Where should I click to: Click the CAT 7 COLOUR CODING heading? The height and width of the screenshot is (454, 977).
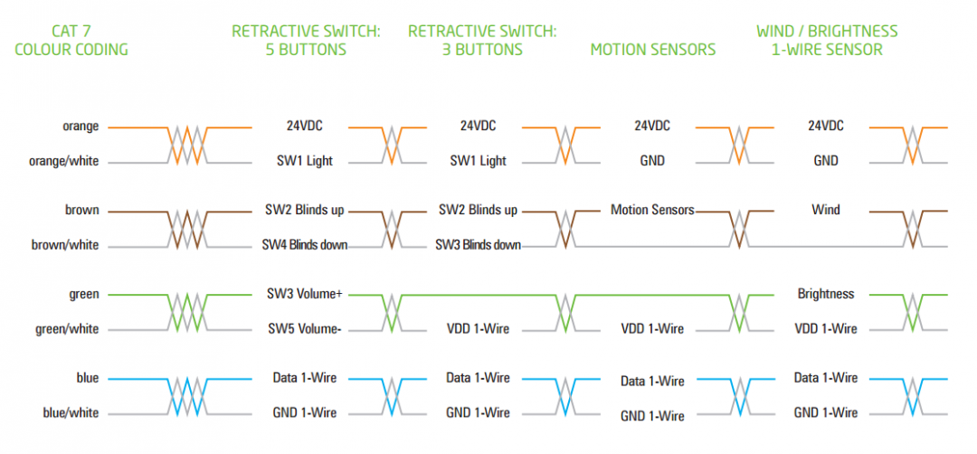pos(71,40)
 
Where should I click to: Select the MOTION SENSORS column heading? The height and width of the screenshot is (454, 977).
pos(652,49)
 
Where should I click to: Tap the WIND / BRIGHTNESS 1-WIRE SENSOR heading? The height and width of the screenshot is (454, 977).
pos(827,40)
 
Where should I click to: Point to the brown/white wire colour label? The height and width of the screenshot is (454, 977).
pos(65,244)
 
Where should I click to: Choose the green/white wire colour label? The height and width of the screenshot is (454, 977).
pos(67,328)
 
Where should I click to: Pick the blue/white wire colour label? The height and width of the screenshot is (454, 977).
pos(71,412)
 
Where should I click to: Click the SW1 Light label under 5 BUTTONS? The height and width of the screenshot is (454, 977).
pos(304,161)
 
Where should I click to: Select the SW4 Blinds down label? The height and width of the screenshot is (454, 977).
pos(305,244)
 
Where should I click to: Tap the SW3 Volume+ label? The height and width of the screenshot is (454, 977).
pos(304,294)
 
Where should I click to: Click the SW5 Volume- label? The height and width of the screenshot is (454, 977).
pos(304,328)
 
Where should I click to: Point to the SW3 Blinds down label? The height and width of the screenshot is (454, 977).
pos(478,244)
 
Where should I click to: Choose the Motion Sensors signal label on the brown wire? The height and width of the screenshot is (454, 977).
pos(652,210)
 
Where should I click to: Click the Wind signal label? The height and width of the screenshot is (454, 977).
pos(825,210)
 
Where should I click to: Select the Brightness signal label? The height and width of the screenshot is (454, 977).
pos(825,294)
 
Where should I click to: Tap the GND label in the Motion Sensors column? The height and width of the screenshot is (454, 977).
pos(651,161)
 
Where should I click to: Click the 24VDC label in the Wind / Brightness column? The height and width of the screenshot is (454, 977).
pos(825,126)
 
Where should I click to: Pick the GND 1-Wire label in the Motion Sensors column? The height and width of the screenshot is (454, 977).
pos(652,416)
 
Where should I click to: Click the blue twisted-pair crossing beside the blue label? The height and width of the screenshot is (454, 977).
pos(187,395)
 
